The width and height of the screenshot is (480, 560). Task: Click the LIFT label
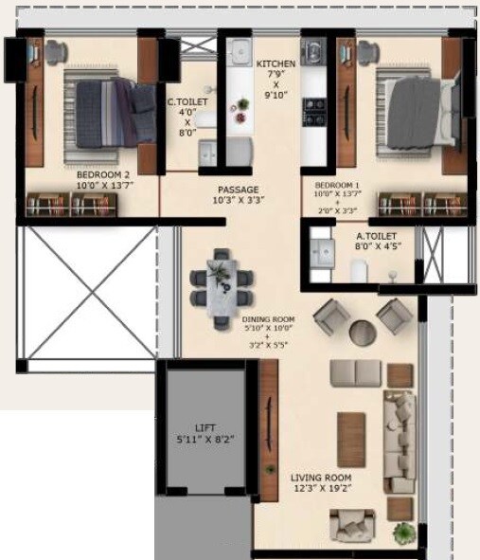206,427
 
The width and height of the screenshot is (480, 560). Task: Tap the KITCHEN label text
276,63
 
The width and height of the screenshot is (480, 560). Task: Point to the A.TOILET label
375,235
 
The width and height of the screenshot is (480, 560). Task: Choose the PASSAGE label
238,189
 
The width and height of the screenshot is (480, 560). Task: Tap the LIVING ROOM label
321,478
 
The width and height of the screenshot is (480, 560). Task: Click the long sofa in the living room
399,441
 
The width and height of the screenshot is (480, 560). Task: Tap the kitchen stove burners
314,112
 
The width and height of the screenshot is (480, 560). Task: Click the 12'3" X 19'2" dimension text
321,491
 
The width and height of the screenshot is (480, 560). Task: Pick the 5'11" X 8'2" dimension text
206,441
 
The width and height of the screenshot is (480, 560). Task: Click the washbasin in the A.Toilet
323,252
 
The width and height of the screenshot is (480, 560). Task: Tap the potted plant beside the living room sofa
405,533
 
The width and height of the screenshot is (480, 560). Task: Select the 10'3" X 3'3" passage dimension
238,201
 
